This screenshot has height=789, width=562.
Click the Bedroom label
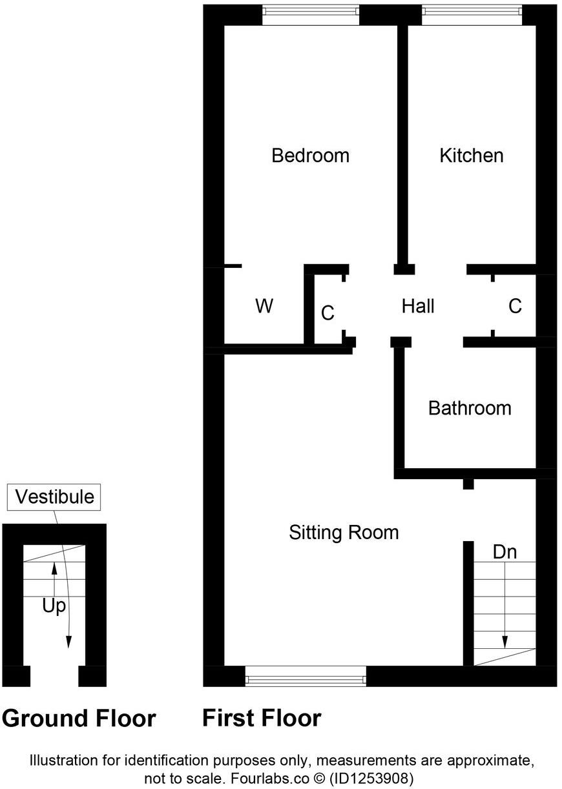310,156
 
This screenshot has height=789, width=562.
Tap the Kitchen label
471,156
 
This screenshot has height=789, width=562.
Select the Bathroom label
470,408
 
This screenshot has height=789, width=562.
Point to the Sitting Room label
343,533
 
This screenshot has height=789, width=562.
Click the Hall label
418,306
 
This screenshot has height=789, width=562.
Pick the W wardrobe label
264,306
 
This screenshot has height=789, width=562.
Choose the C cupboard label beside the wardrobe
328,313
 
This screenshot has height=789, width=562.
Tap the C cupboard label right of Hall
515,306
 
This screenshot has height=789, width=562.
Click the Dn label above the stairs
505,552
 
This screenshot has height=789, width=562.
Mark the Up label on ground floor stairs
54,606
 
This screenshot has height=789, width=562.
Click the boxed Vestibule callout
54,497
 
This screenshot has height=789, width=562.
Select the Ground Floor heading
79,718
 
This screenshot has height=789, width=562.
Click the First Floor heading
262,718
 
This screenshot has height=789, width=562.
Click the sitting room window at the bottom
306,676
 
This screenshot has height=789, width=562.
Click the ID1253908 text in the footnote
371,778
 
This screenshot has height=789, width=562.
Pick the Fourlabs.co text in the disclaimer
256,778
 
